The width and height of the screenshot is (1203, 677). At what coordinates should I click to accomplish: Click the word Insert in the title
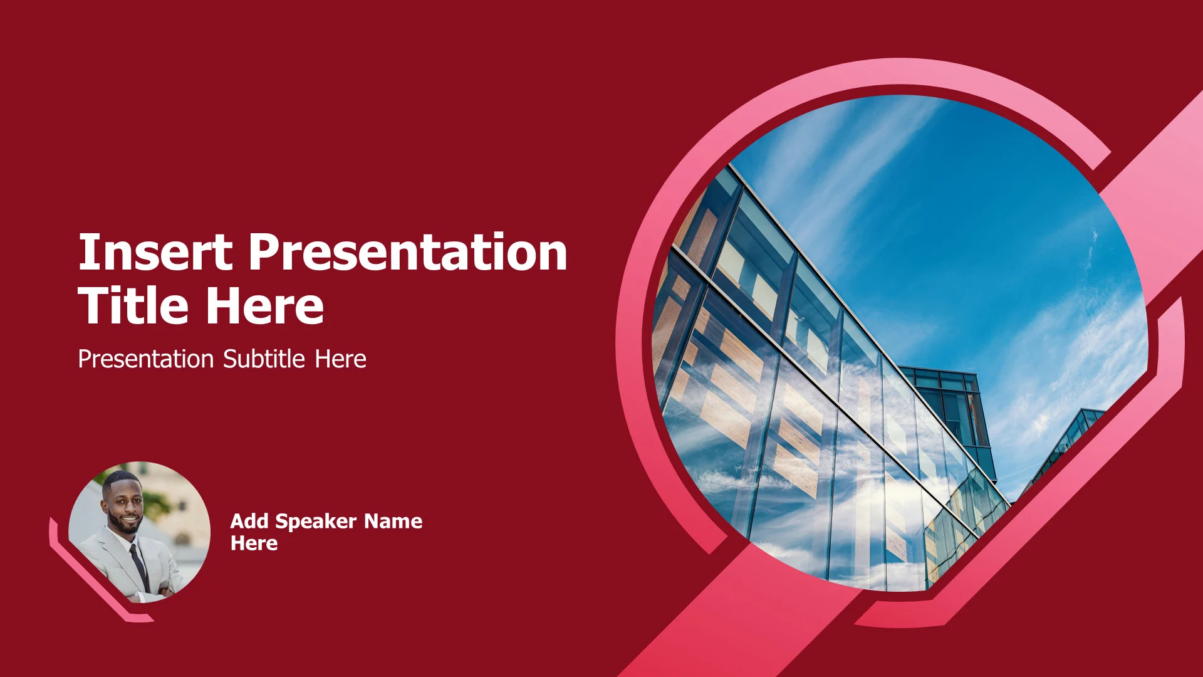(x=155, y=252)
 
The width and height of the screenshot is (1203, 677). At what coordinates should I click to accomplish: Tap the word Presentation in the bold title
(x=408, y=252)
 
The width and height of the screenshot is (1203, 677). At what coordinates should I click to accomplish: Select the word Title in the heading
(x=133, y=305)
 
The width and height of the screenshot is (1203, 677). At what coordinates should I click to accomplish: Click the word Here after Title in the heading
(x=265, y=305)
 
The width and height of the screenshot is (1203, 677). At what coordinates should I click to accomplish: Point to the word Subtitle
(x=264, y=359)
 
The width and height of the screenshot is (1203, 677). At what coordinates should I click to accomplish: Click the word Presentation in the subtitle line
(x=146, y=359)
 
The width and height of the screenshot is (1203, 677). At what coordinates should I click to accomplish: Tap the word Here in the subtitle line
(x=340, y=359)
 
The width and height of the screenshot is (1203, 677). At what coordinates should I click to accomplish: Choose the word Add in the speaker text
(x=249, y=521)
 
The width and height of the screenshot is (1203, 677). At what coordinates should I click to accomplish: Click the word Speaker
(x=316, y=522)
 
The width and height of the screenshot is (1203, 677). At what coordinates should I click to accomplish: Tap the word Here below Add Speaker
(x=254, y=543)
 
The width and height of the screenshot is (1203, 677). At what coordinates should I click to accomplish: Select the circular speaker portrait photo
(x=139, y=532)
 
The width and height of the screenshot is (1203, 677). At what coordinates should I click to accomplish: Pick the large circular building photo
(x=900, y=343)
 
